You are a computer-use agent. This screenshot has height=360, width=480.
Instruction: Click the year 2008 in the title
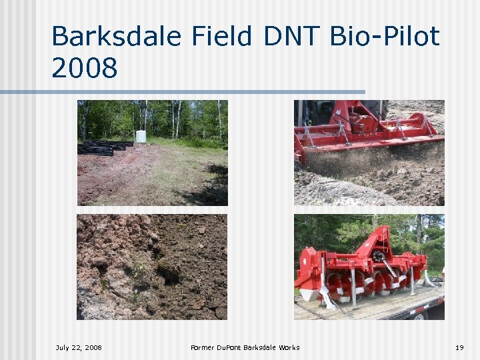tap(84, 67)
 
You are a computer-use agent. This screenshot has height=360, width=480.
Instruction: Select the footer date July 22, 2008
tap(79, 347)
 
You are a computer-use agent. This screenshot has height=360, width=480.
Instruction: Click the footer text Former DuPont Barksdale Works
tap(245, 347)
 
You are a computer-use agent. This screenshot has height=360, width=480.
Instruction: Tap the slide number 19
tap(459, 347)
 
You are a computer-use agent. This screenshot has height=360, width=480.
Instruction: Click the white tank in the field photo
tap(141, 136)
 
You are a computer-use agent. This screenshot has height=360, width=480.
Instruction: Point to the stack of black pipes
tap(103, 147)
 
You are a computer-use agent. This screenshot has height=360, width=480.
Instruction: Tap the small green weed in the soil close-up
tap(139, 270)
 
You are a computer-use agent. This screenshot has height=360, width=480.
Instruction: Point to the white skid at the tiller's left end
tap(308, 294)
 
